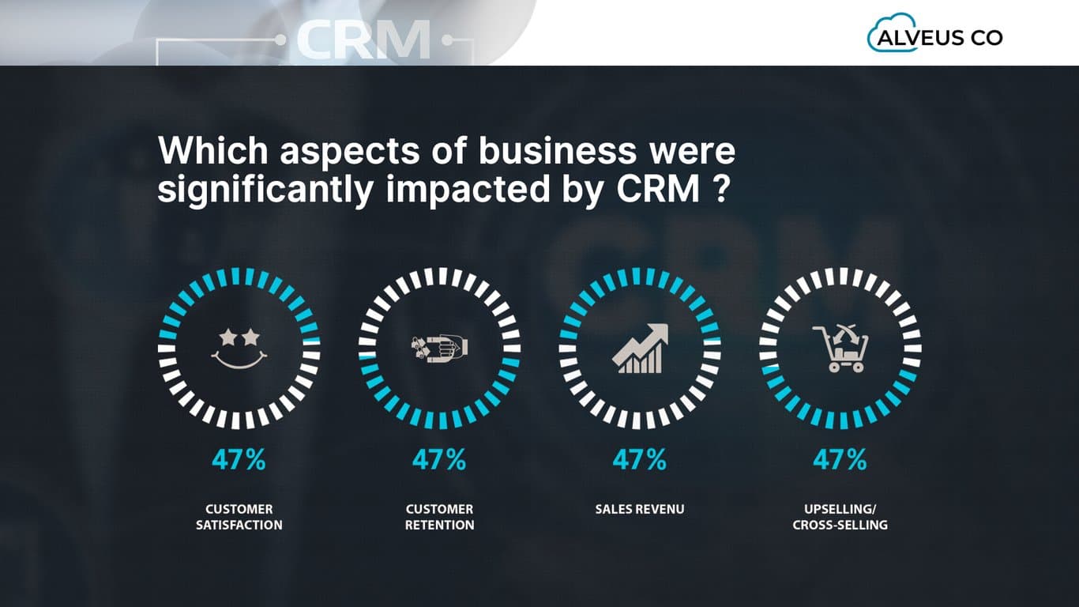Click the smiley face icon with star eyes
pos(239,348)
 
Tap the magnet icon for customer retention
pos(439,347)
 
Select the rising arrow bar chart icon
pos(640,349)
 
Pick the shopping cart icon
pos(840,349)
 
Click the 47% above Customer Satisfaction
pos(239,460)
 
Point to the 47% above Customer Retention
pos(439,460)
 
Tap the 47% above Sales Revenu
pos(640,460)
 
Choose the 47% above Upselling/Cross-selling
pos(840,460)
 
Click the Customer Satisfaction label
pos(239,517)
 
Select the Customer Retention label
pos(439,517)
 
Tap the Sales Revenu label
pos(640,509)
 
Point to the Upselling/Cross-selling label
pos(840,517)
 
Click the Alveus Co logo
pos(935,36)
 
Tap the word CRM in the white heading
pos(654,191)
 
